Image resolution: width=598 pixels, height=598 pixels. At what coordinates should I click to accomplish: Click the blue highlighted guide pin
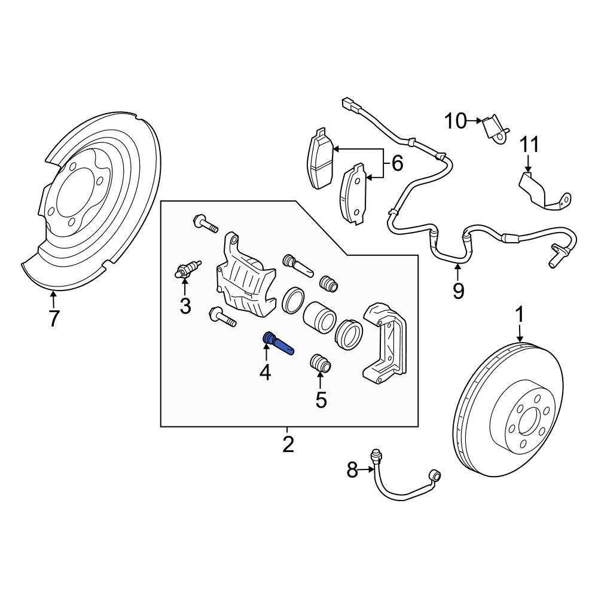click(277, 345)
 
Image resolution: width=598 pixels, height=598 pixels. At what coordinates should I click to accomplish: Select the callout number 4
click(265, 373)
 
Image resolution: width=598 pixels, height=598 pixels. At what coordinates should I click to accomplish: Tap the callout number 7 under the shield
click(54, 319)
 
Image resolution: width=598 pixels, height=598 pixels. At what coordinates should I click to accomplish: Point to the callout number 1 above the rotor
click(520, 314)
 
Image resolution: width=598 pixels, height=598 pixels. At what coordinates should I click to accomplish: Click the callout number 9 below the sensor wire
click(458, 291)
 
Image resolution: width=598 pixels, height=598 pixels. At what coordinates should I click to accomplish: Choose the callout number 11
click(529, 145)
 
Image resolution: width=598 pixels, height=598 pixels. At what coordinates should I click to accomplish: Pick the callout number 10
click(455, 121)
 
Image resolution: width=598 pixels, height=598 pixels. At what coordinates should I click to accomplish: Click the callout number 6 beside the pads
click(396, 163)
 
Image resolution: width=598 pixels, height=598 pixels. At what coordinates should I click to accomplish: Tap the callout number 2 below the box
click(288, 444)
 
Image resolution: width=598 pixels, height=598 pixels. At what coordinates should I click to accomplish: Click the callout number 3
click(185, 306)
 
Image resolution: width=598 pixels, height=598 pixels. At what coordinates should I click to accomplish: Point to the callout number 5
click(321, 399)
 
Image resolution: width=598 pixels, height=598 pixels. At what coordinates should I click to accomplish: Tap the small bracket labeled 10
click(496, 130)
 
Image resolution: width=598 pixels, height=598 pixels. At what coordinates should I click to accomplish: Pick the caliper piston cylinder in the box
click(319, 317)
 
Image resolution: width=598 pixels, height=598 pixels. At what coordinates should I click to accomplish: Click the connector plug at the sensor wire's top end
click(348, 105)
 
